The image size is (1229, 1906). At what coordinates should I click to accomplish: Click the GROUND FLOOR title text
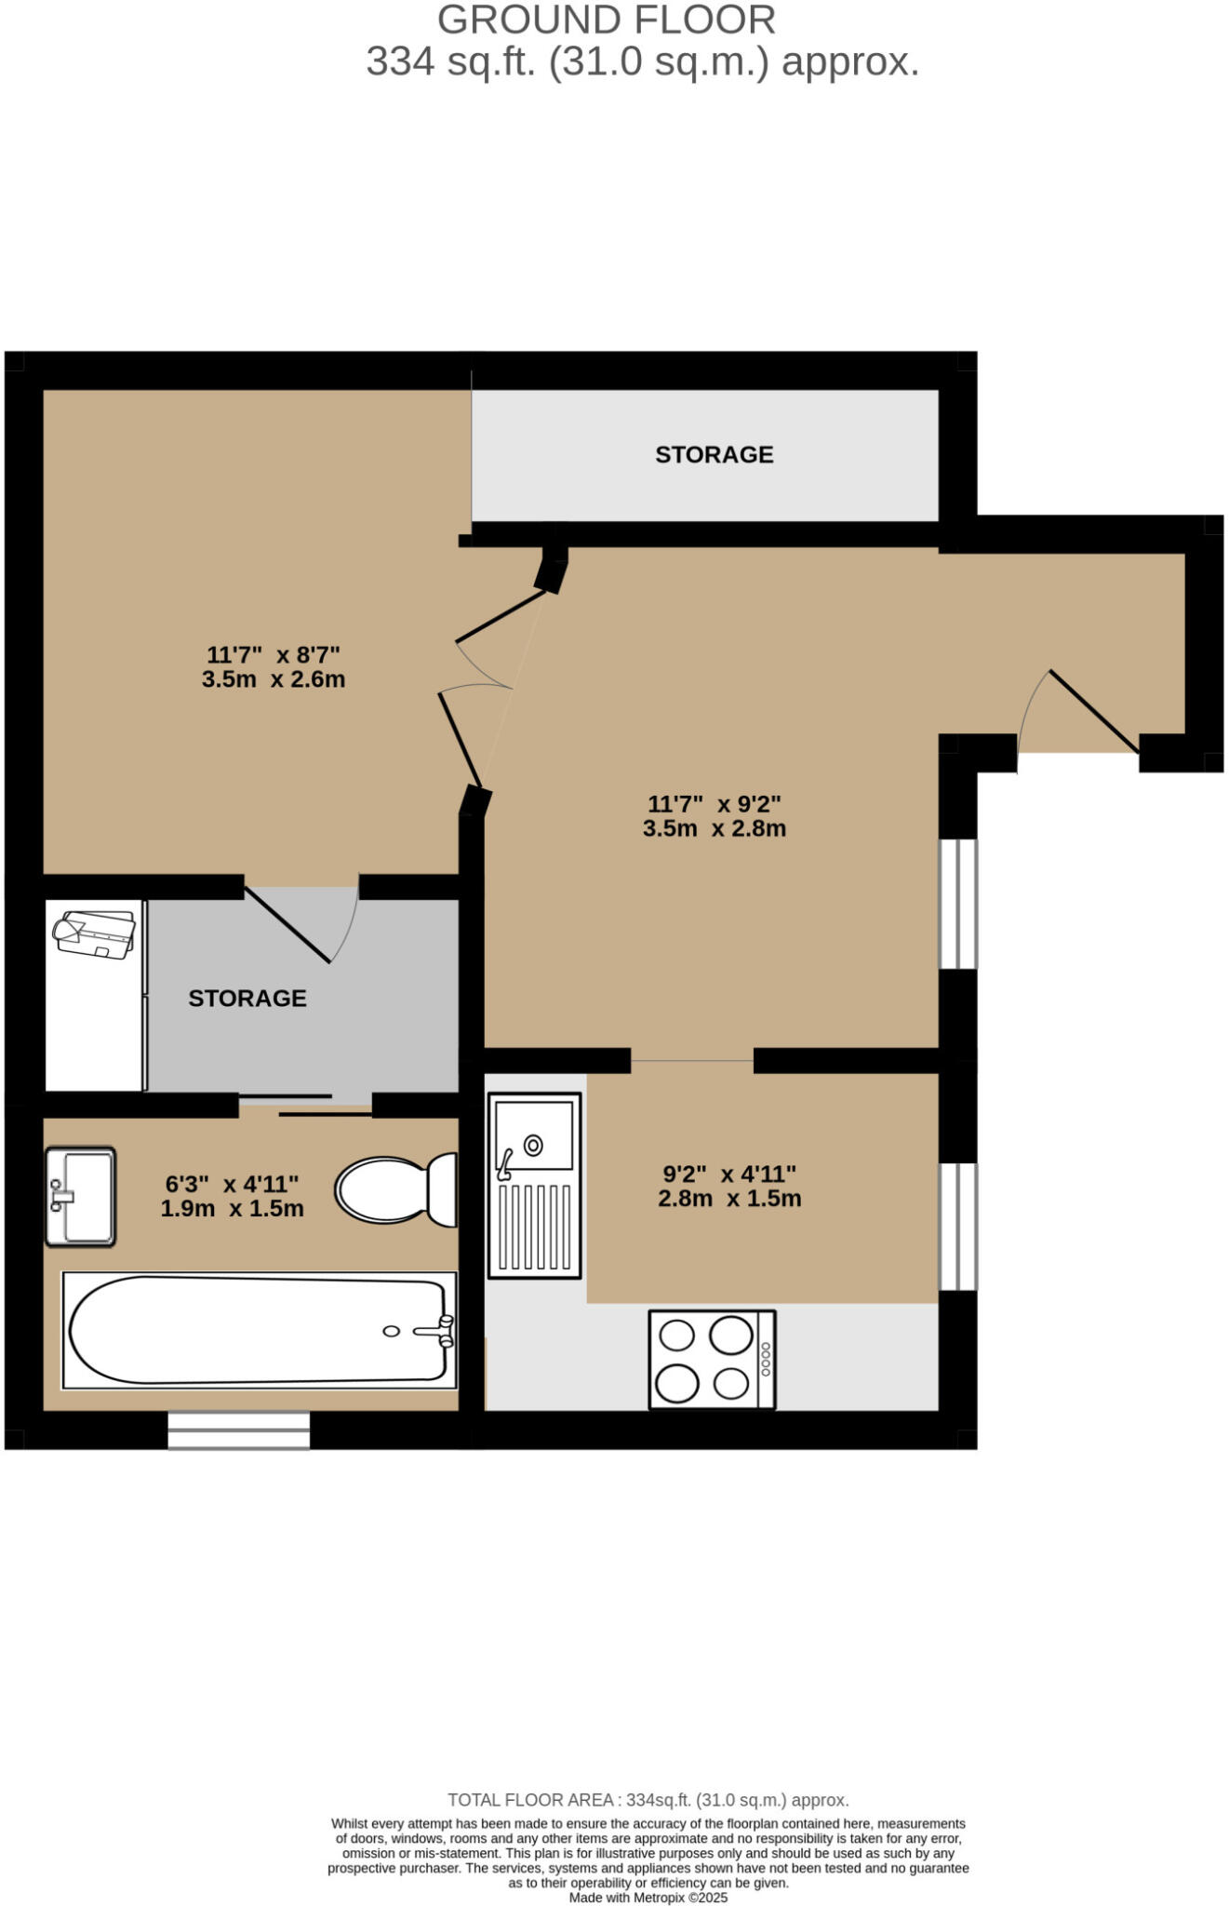tap(606, 20)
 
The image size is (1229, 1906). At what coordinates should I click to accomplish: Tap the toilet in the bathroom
tap(396, 1190)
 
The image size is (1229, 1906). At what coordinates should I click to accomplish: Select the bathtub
tap(259, 1330)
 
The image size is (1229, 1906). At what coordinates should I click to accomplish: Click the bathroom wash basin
tap(81, 1196)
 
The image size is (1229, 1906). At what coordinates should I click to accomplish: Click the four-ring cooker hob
tap(712, 1359)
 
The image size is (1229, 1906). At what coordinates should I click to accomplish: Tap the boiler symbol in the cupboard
tap(94, 933)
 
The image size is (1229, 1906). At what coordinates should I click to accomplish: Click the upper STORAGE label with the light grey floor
tap(714, 454)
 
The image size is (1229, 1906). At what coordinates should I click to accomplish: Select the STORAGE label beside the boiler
tap(247, 998)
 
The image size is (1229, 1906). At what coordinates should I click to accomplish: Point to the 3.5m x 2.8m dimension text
tap(714, 828)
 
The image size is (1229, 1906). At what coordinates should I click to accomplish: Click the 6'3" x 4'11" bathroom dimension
tap(232, 1184)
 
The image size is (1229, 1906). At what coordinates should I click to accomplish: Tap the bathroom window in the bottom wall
tap(238, 1430)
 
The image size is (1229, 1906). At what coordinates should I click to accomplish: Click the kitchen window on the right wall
tap(957, 1227)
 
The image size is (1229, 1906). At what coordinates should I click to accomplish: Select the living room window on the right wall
tap(957, 904)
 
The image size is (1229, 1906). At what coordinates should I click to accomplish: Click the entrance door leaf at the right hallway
tap(1094, 711)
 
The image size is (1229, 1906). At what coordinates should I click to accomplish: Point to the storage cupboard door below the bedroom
tap(287, 923)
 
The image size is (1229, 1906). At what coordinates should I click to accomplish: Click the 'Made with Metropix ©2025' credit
tap(648, 1898)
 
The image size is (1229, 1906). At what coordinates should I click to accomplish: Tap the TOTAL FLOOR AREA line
tap(648, 1800)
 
